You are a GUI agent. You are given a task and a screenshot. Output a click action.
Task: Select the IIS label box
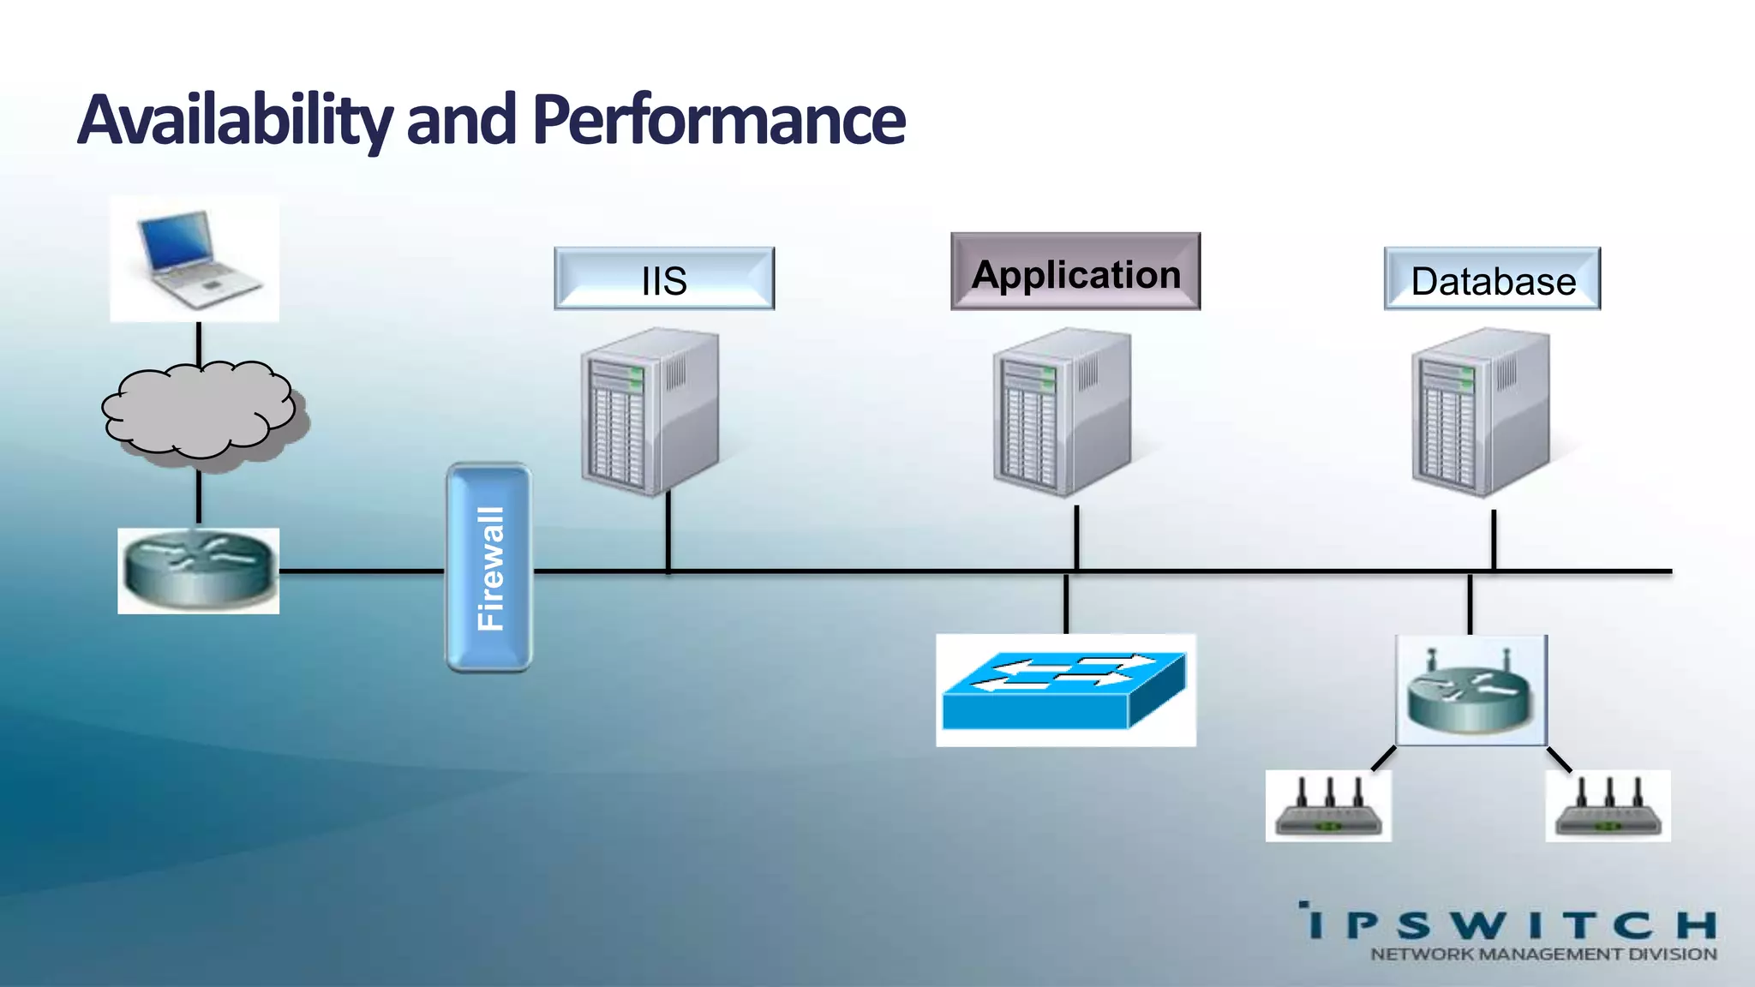pos(664,279)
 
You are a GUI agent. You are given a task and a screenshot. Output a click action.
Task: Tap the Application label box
pos(1075,272)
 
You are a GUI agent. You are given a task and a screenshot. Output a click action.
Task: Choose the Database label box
pos(1492,279)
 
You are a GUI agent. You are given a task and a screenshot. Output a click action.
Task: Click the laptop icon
pos(195,258)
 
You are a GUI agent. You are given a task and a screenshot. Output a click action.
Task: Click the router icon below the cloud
pos(199,570)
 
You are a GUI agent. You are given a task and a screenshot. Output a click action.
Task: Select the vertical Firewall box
pos(489,568)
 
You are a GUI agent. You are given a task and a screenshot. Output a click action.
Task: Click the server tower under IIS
pos(649,412)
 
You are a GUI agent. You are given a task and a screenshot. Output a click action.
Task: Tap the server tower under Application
pos(1061,412)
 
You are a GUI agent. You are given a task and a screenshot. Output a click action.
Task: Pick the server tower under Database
pos(1480,412)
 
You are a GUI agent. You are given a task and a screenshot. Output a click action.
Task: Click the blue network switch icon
pos(1065,691)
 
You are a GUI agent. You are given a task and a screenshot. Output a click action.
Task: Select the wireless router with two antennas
pos(1470,691)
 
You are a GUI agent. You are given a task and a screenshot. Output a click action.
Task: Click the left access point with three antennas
pos(1328,806)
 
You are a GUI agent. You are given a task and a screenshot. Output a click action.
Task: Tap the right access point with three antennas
pos(1608,806)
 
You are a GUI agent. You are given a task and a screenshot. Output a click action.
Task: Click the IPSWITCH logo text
pos(1508,924)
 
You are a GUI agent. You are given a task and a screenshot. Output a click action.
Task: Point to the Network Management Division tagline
pos(1543,954)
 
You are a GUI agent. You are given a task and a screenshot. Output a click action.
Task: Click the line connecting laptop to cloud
pos(199,344)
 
